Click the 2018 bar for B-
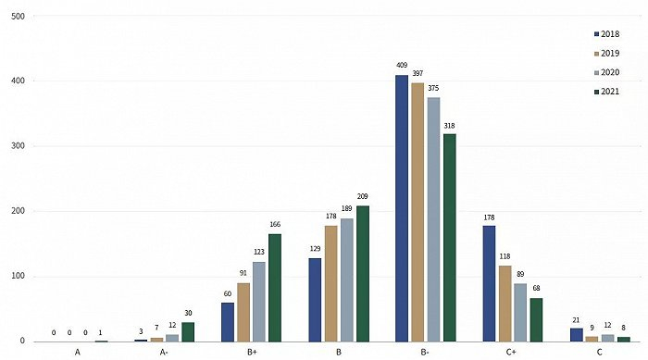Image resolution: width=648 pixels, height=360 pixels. tap(402, 208)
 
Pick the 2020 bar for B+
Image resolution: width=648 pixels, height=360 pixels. tap(259, 302)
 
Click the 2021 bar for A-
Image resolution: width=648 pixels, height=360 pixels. tap(188, 331)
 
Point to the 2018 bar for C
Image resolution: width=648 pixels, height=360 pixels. tap(577, 335)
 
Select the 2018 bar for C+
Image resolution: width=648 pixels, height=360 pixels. tap(489, 283)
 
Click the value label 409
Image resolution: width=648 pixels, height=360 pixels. tap(402, 67)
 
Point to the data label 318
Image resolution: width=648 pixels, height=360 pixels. tap(450, 126)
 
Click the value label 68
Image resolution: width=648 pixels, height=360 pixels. tap(537, 289)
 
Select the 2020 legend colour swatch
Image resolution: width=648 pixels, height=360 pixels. tap(594, 72)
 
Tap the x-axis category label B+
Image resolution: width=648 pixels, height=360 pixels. tap(251, 353)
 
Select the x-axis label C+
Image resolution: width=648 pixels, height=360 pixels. tap(512, 353)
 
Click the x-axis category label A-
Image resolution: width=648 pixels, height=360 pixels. tap(164, 353)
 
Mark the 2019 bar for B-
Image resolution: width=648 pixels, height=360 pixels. tap(418, 212)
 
